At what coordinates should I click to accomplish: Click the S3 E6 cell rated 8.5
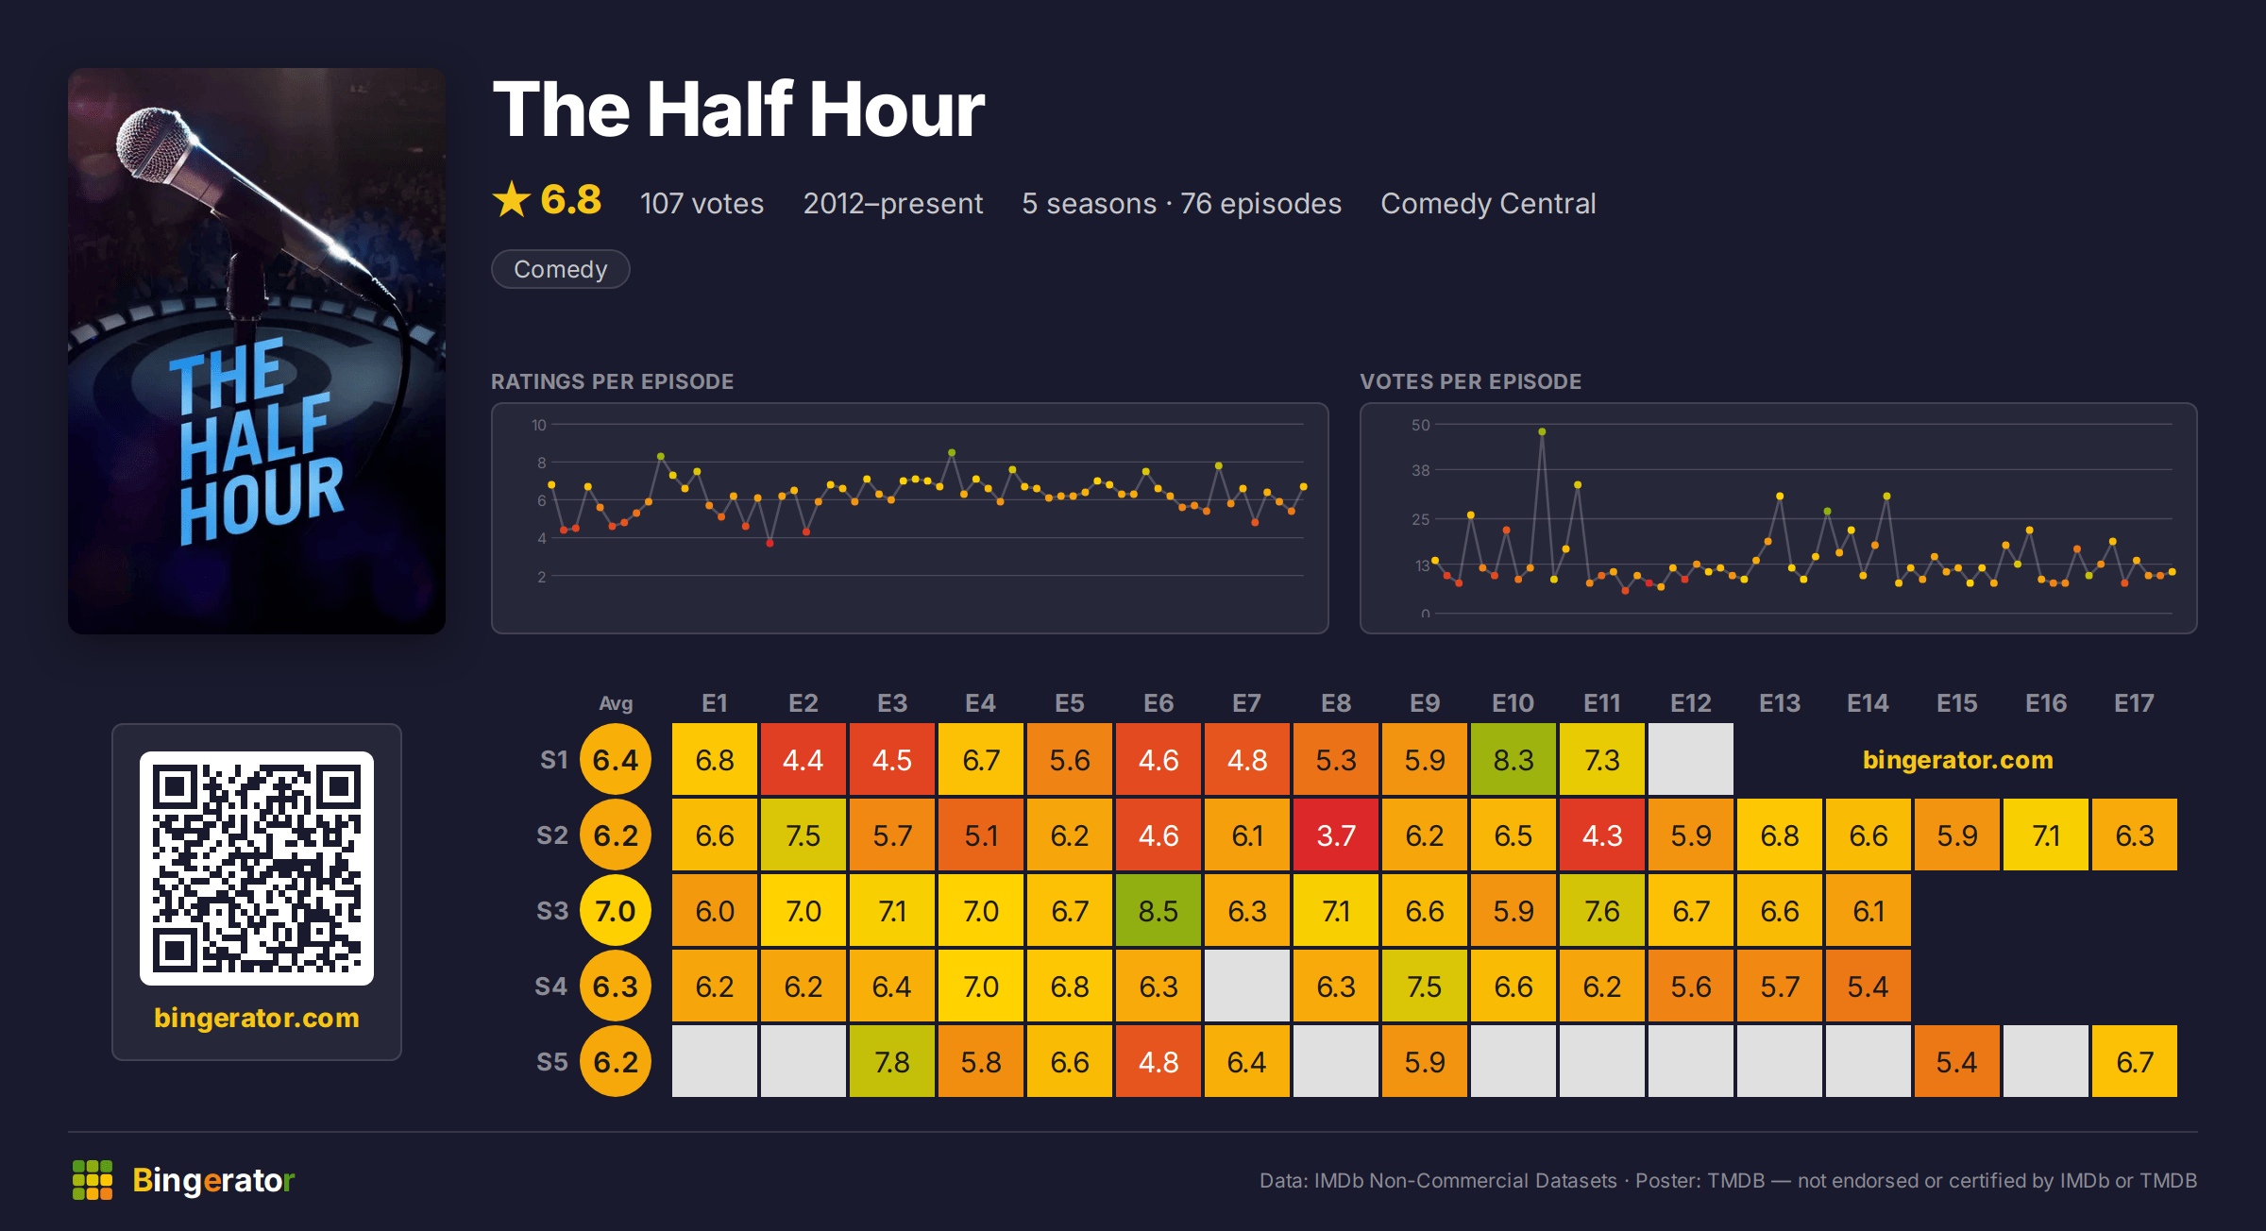(1158, 910)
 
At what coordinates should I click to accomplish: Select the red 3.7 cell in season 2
(1336, 835)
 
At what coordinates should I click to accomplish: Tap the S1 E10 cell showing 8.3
(1513, 759)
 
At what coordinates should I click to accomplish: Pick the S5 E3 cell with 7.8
(892, 1061)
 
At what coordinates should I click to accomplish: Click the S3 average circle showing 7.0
(616, 910)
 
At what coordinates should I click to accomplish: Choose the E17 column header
(2134, 703)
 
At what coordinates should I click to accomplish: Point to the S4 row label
(551, 986)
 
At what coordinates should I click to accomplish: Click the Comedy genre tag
(561, 269)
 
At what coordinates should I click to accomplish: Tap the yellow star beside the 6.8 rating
(512, 199)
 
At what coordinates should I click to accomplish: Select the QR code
(257, 868)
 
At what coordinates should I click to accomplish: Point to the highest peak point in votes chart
(1542, 431)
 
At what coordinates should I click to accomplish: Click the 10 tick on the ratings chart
(539, 425)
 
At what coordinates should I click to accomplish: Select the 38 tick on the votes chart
(1421, 470)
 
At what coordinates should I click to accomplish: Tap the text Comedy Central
(1488, 203)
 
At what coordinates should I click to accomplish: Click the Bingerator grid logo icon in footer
(93, 1180)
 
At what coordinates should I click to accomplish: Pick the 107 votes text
(702, 203)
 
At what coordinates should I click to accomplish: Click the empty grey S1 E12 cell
(1691, 759)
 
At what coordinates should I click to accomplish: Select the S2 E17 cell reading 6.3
(2135, 835)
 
